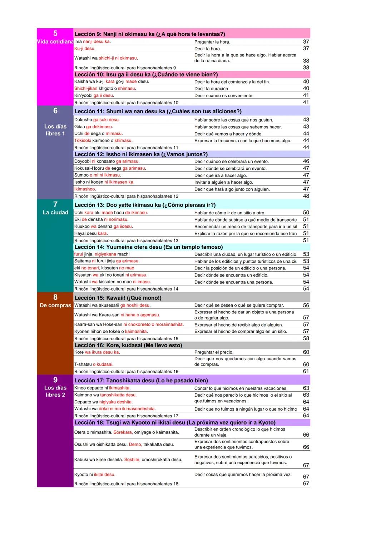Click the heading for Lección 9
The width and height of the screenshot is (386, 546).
(149, 34)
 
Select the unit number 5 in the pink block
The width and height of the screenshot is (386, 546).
(55, 34)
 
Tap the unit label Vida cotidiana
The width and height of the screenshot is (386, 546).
(55, 42)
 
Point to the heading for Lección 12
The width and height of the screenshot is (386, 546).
(141, 154)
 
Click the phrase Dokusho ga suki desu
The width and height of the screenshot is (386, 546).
(97, 120)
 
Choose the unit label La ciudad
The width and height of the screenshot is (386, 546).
(55, 213)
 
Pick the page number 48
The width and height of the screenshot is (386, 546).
(306, 196)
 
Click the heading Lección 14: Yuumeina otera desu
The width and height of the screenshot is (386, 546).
(148, 247)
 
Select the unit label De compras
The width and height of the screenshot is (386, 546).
(55, 306)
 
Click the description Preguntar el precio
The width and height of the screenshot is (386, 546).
(214, 352)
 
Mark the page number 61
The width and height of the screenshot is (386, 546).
(306, 372)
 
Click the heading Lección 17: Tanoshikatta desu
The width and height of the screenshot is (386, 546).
(141, 381)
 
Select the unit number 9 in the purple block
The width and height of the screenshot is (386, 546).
(55, 380)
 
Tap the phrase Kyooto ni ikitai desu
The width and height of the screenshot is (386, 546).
(95, 475)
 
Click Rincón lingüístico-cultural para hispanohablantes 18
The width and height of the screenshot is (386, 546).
(126, 484)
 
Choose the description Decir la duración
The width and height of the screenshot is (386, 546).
(211, 89)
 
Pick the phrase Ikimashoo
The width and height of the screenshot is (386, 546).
(85, 189)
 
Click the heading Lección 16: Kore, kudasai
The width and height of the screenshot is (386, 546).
(128, 346)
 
